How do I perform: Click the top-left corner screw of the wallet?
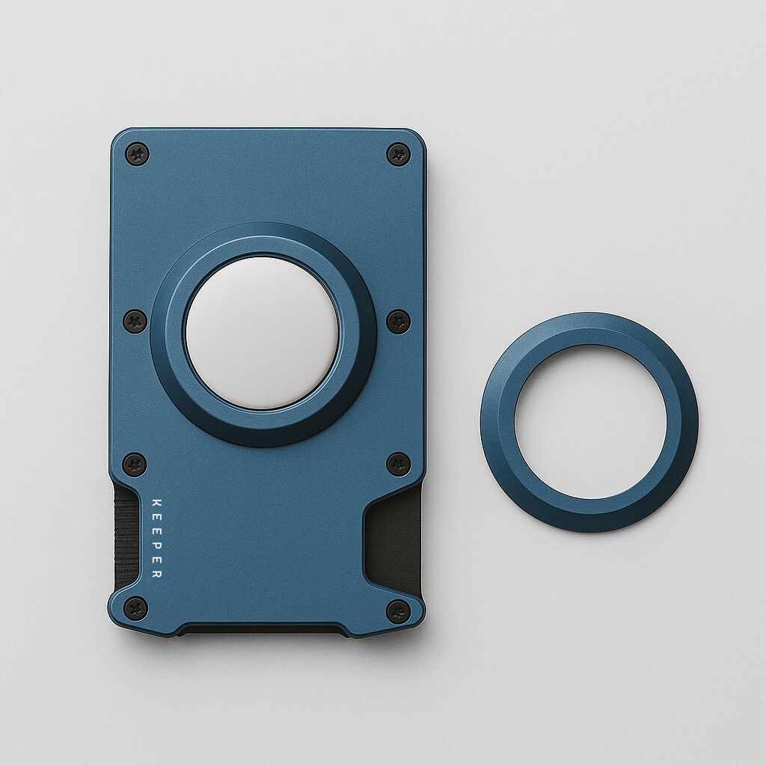(137, 154)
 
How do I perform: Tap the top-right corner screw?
(398, 154)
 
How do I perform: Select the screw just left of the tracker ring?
(135, 321)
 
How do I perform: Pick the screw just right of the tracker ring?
(398, 321)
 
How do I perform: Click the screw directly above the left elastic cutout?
(135, 464)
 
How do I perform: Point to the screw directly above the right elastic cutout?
(398, 464)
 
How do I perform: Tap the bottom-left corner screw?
(135, 607)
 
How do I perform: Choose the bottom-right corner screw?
(398, 610)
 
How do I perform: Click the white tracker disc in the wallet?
(262, 334)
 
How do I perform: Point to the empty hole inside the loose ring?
(589, 422)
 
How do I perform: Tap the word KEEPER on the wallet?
(156, 538)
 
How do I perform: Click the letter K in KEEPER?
(156, 502)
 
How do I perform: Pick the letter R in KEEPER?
(156, 574)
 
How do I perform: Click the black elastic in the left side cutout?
(126, 535)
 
